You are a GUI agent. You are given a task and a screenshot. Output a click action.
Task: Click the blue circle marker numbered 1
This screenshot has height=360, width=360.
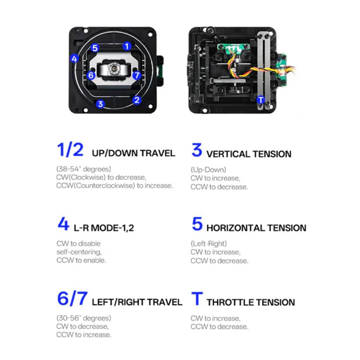tap(127, 46)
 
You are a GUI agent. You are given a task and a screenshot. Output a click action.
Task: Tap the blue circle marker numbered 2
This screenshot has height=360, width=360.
tap(137, 100)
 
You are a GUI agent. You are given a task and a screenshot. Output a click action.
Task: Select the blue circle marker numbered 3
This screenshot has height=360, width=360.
tap(100, 104)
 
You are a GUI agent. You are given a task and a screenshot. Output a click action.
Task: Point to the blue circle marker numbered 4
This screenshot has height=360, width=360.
tap(74, 58)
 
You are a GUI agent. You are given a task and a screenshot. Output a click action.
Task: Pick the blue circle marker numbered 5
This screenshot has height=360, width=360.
tap(94, 48)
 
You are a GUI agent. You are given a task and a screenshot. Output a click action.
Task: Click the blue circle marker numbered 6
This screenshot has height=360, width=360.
tap(91, 75)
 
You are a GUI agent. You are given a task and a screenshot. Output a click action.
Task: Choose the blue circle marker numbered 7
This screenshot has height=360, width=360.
tap(137, 75)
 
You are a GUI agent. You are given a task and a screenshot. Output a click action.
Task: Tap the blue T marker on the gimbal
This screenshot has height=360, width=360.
tap(260, 100)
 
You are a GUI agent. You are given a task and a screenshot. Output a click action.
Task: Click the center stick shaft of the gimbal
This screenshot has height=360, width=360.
tap(114, 68)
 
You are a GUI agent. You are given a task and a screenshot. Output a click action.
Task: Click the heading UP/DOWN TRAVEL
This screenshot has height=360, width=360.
tap(133, 153)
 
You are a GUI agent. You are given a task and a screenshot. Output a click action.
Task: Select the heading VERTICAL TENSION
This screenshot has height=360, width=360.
tap(249, 154)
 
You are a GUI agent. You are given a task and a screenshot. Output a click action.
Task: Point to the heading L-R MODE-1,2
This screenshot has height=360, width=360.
tap(104, 228)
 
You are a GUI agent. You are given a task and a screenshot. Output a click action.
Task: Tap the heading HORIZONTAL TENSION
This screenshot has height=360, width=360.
tap(256, 228)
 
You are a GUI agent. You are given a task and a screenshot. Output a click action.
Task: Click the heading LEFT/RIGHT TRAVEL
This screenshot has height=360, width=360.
tap(137, 302)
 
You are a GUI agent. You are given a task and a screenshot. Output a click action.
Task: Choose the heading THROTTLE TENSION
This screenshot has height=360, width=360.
tap(251, 302)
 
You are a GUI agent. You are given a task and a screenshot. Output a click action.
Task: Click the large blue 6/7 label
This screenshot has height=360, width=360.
tap(72, 298)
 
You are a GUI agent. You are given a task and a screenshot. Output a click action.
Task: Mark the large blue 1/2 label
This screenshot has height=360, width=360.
tap(70, 150)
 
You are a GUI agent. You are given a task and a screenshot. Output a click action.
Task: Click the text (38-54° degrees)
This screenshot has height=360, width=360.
tap(84, 169)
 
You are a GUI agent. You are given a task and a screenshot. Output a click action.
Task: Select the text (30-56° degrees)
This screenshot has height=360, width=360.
tap(84, 318)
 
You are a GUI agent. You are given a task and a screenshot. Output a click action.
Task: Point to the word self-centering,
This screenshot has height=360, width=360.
tap(79, 252)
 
